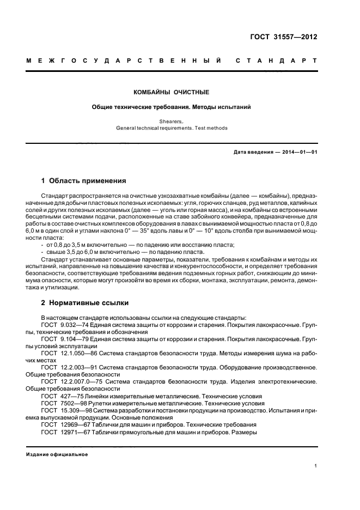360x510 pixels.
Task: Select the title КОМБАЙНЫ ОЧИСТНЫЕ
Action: [172, 92]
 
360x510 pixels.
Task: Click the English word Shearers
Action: [172, 123]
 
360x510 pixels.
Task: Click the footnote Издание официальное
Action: [57, 454]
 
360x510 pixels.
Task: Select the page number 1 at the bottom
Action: [315, 466]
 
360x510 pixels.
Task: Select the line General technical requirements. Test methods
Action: [172, 129]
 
